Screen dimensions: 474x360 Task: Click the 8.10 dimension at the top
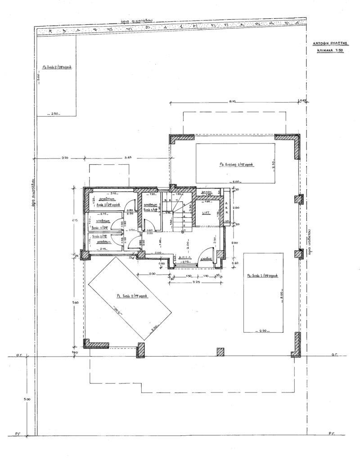pos(233,102)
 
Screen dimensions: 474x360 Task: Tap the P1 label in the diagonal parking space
pos(130,296)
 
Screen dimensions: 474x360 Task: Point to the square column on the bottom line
pos(220,352)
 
